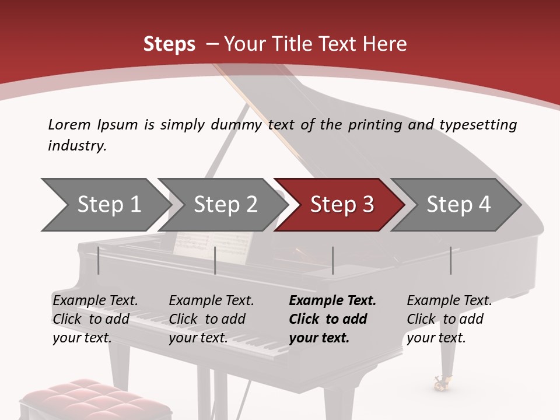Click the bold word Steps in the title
[169, 44]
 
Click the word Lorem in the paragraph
[69, 124]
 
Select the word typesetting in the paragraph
[478, 125]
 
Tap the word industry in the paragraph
[77, 145]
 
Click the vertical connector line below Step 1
[99, 260]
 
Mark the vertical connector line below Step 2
[215, 260]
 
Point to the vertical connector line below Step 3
[332, 260]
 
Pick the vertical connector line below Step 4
[450, 260]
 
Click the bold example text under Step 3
[331, 319]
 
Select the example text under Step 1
[94, 319]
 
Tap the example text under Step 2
[211, 319]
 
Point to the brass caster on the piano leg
[440, 383]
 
